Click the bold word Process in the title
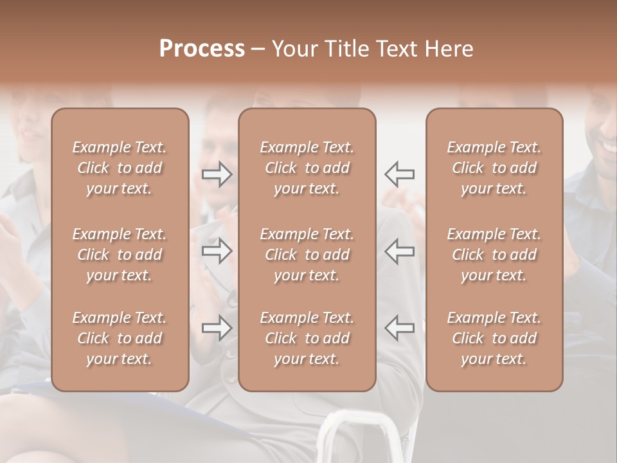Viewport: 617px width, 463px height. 202,49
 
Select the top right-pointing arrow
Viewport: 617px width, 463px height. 217,174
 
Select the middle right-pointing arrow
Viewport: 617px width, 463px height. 217,251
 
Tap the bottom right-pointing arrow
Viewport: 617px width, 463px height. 217,328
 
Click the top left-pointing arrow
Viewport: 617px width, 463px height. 400,174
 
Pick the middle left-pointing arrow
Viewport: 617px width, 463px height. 400,251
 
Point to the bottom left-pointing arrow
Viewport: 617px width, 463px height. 400,328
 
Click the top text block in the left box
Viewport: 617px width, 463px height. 120,168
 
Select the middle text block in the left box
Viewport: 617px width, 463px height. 120,255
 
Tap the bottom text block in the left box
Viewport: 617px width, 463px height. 120,338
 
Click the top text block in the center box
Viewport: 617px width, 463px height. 307,168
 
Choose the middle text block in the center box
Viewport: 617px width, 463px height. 307,255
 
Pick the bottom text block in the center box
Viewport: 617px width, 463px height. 307,338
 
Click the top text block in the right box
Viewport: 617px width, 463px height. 494,168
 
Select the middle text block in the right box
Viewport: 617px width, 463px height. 494,255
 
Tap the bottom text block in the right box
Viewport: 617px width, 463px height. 494,338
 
